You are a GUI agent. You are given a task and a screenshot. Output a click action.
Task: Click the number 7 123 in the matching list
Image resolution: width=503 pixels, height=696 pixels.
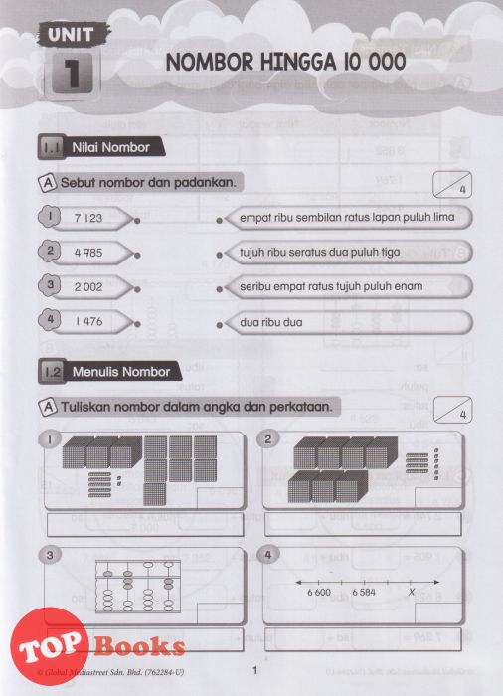(x=88, y=218)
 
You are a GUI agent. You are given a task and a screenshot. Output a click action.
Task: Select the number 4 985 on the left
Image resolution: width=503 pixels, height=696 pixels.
(x=88, y=253)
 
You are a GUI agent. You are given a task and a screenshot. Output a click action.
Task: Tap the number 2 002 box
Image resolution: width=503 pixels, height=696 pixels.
(x=88, y=287)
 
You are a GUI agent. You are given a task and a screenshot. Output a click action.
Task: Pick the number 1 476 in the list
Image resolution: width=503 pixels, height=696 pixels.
(x=88, y=321)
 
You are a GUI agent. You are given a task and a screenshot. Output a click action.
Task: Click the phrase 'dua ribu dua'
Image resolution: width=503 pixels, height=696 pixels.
(x=271, y=322)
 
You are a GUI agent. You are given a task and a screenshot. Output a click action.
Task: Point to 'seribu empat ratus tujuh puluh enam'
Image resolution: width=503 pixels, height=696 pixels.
(x=331, y=286)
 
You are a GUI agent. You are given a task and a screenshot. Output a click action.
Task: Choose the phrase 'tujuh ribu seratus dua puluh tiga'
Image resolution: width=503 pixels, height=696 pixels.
(x=320, y=253)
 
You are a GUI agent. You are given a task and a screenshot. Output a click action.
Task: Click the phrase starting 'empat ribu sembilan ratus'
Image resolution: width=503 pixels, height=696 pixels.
(x=347, y=218)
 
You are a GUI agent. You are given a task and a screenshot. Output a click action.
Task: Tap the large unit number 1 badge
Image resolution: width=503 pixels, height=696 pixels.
(x=72, y=73)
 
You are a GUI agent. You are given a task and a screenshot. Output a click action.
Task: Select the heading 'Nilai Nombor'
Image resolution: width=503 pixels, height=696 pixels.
(x=110, y=147)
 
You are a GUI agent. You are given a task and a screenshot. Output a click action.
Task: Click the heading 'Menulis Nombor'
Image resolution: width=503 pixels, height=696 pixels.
(x=121, y=372)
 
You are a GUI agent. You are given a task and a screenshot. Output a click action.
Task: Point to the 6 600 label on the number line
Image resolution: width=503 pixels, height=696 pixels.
(x=319, y=593)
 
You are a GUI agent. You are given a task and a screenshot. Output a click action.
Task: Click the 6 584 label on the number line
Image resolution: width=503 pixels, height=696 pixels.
(x=364, y=593)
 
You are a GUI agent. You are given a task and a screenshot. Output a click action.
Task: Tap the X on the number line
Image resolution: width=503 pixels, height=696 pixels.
(x=412, y=593)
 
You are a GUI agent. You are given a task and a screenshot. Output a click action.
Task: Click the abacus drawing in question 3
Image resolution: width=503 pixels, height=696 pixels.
(x=138, y=587)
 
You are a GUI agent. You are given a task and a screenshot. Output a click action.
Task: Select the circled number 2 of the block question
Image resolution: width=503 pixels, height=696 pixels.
(x=267, y=439)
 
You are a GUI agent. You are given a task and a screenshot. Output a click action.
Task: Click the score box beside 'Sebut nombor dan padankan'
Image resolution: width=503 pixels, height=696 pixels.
(x=452, y=184)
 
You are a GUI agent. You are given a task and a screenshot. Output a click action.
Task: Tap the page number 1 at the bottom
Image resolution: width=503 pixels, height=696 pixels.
(x=254, y=670)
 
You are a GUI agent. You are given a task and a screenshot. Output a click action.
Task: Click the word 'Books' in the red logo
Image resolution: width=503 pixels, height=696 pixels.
(x=140, y=646)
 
